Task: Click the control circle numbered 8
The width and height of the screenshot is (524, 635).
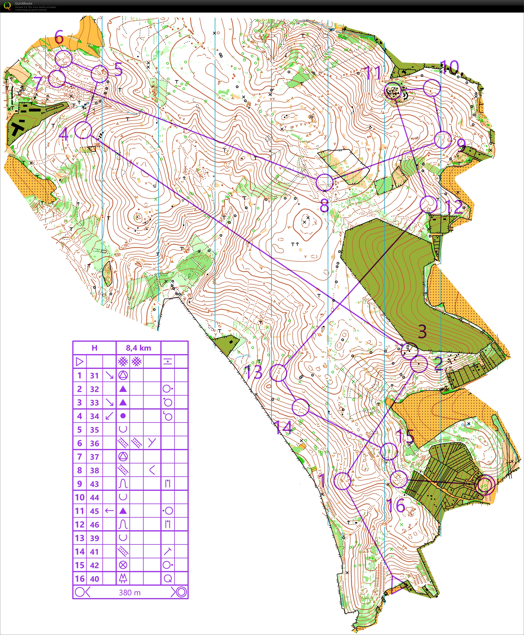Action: [x=325, y=182]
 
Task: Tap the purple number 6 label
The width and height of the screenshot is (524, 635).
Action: [x=59, y=37]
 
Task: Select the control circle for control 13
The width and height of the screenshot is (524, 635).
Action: [x=278, y=373]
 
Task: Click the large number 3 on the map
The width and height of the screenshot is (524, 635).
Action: [x=422, y=331]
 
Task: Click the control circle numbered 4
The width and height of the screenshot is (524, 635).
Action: [x=83, y=130]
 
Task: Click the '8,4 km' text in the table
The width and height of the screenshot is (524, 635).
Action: [x=138, y=348]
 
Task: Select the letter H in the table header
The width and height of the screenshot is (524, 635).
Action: [x=94, y=348]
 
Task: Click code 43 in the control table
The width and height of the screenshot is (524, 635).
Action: [x=94, y=484]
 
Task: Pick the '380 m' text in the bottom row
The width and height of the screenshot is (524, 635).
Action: [x=130, y=593]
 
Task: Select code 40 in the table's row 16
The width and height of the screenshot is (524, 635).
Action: [x=94, y=579]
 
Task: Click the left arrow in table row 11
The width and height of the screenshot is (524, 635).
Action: [x=109, y=511]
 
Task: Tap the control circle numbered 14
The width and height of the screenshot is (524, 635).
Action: [x=301, y=407]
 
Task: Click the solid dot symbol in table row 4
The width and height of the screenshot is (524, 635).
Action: [x=123, y=416]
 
